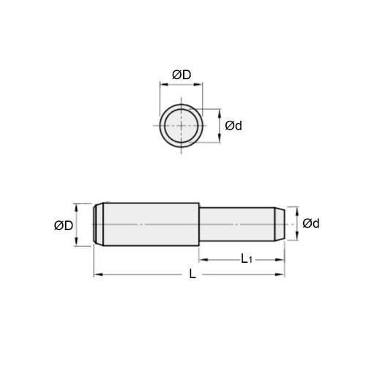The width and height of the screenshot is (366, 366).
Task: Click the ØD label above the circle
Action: coord(182,75)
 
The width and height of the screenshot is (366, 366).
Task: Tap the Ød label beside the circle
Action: coord(234,126)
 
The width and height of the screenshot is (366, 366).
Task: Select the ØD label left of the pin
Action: coord(64,225)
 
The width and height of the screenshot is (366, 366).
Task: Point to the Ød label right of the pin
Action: coord(311,223)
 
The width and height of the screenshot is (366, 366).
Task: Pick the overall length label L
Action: coord(192,275)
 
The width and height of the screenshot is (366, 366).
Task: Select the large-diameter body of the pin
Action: coord(150,224)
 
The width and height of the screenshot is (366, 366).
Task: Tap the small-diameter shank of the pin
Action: coord(238,223)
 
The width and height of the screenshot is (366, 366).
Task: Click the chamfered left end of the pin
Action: coord(98,224)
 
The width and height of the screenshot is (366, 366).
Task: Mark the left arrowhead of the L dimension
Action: coord(97,275)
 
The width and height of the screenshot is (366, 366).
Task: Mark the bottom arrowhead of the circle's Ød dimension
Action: coord(220,141)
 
